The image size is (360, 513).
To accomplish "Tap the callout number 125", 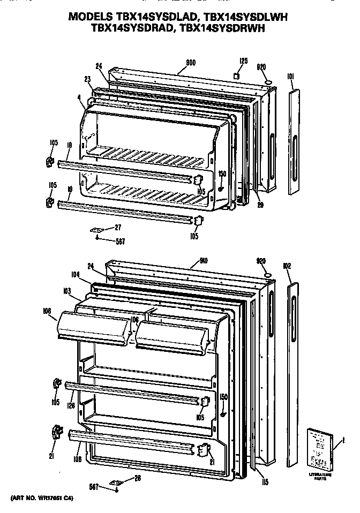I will [243, 62].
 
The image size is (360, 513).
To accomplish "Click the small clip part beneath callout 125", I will [236, 77].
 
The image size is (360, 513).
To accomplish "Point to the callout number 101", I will [290, 76].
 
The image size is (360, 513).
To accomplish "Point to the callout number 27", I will [117, 227].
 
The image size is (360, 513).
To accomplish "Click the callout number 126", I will [72, 405].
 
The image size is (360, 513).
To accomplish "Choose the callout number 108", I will [78, 459].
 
